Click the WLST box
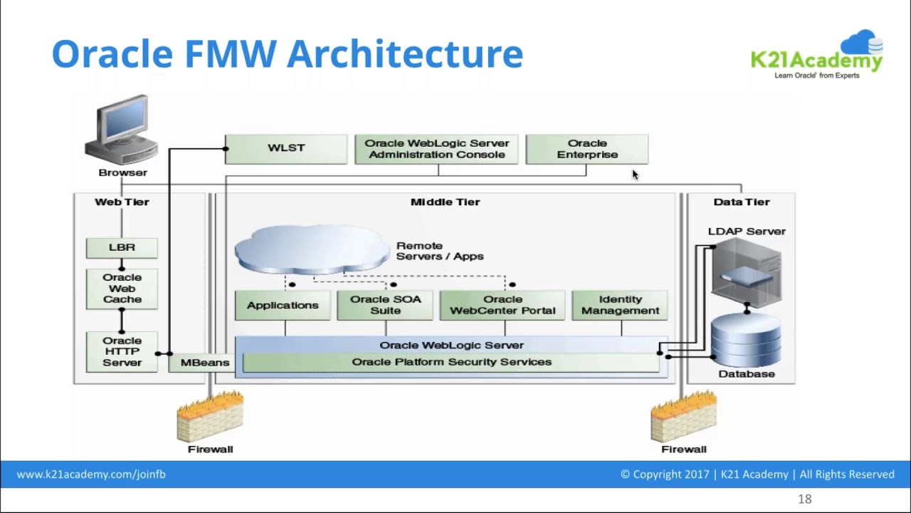point(286,149)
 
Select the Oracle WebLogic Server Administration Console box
point(436,150)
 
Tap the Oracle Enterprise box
point(586,150)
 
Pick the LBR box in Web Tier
point(122,247)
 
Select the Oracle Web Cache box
point(122,289)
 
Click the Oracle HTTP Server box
point(122,351)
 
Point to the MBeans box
point(204,363)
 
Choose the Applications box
point(283,306)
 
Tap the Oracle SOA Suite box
point(385,306)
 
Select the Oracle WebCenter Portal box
point(502,306)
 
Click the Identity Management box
point(620,306)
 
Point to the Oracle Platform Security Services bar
point(451,363)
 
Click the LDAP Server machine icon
point(746,271)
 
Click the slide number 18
point(804,499)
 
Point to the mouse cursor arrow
point(635,175)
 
